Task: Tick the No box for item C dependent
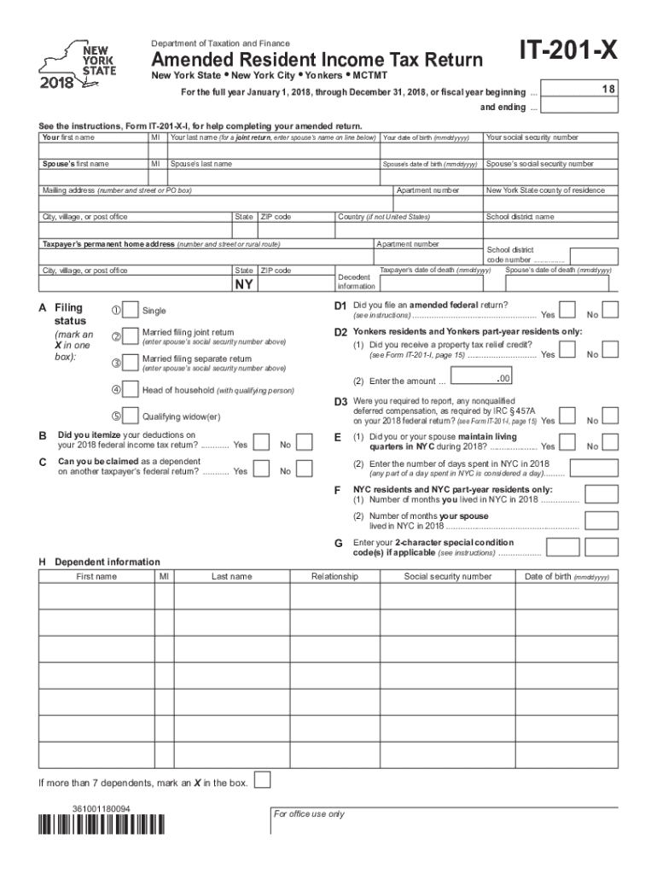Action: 308,470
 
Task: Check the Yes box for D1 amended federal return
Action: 567,311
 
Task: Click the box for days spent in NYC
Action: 594,469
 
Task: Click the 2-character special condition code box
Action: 563,547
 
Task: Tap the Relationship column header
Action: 334,577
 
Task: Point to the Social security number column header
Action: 448,577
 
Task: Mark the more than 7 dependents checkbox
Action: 264,780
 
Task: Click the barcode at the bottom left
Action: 102,824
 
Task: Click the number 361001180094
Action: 102,807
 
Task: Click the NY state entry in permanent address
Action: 244,284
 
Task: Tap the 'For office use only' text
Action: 309,814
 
